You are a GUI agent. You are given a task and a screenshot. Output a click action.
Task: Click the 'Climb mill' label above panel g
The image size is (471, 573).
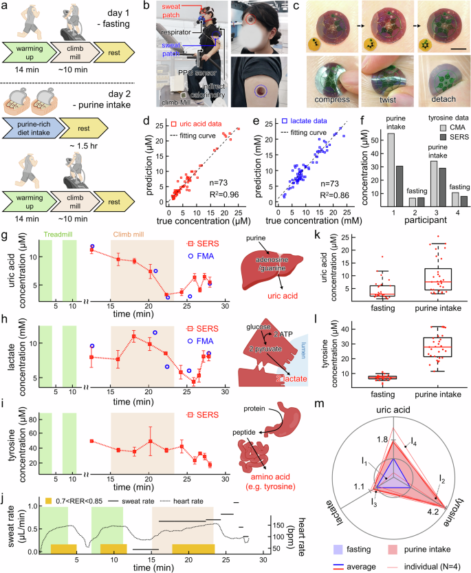click(x=129, y=218)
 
